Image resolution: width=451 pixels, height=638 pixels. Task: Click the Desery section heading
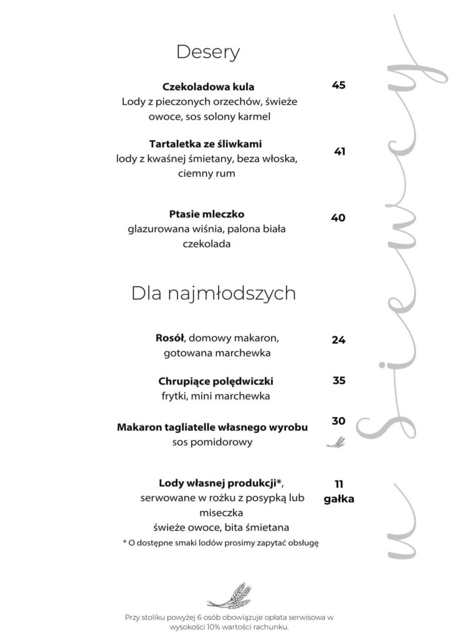(x=208, y=52)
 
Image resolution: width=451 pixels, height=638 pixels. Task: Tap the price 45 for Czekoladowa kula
(x=338, y=85)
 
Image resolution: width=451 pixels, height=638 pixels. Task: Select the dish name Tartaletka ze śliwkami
(x=208, y=144)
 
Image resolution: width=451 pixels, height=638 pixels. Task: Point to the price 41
(x=339, y=151)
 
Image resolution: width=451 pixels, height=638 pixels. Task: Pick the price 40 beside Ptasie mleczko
(x=338, y=218)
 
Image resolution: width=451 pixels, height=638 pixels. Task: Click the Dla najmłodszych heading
(x=213, y=293)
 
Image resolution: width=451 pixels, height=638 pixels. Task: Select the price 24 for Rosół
(x=338, y=340)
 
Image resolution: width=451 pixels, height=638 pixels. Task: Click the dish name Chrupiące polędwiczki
(x=216, y=381)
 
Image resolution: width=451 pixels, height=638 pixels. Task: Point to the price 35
(x=339, y=380)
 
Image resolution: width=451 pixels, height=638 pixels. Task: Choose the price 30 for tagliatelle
(x=338, y=421)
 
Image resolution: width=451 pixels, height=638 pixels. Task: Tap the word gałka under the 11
(x=339, y=498)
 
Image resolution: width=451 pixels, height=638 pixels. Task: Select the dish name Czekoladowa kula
(x=208, y=87)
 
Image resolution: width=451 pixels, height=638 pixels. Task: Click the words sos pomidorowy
(x=212, y=442)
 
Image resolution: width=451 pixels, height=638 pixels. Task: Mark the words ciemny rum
(x=206, y=174)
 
